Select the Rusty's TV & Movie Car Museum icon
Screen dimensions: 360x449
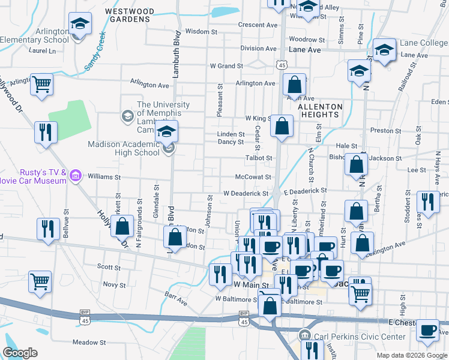pos(76,176)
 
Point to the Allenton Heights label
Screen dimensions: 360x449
pos(320,110)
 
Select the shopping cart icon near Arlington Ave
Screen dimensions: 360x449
pos(42,85)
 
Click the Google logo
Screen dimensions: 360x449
pos(20,353)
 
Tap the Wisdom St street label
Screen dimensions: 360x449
pos(200,31)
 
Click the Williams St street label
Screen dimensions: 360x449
pos(104,177)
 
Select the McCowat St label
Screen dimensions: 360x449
pos(254,177)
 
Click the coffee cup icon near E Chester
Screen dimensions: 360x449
pos(428,330)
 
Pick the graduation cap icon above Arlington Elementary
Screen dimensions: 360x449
pos(78,24)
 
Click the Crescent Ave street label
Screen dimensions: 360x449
pos(258,25)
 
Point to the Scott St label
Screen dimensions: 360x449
pos(109,266)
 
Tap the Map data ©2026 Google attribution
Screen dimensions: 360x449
pos(411,355)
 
